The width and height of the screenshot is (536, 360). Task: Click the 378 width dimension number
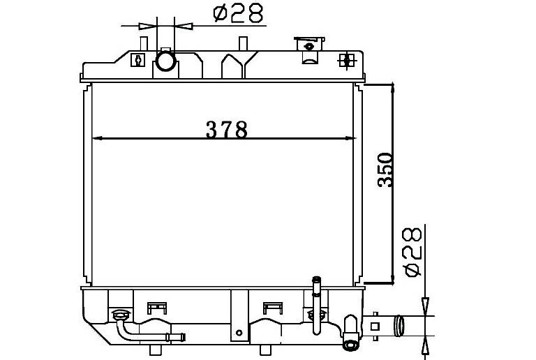click(226, 130)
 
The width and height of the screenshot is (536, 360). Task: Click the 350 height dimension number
click(385, 170)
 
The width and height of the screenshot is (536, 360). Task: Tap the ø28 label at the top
click(238, 13)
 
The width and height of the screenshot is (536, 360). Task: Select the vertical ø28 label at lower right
click(412, 252)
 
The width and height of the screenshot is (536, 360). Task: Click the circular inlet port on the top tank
click(166, 61)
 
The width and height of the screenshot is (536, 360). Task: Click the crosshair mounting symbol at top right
click(347, 61)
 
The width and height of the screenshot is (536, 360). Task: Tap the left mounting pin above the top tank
click(144, 43)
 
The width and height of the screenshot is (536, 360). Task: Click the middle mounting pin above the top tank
click(243, 43)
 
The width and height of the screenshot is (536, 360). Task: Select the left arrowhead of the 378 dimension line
click(98, 138)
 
